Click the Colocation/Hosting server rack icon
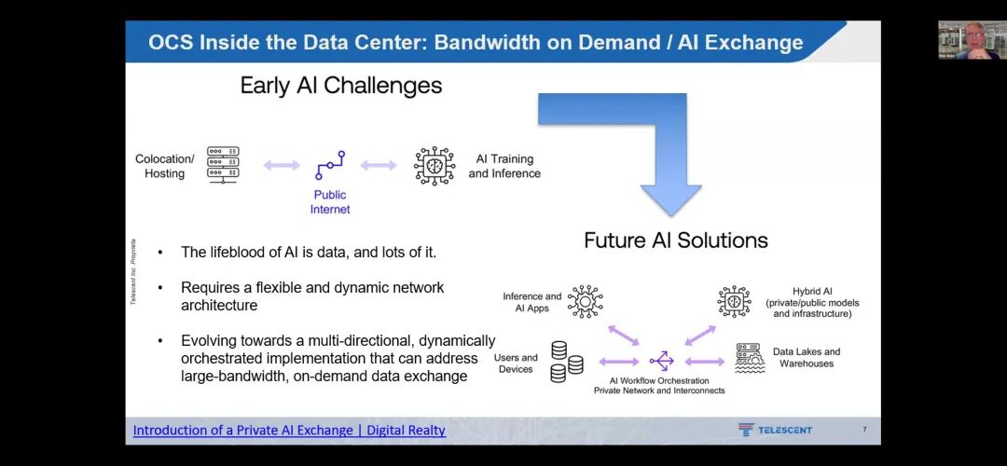coord(223,165)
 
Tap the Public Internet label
coord(330,202)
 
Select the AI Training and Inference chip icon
coord(434,165)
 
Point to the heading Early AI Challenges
coord(340,86)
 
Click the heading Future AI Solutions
coord(675,240)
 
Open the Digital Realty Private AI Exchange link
coord(289,431)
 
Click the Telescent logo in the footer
coord(775,430)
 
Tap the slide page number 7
coord(864,430)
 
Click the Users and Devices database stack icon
coord(566,362)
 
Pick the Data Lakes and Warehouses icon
coord(750,358)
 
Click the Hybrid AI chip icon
coord(734,302)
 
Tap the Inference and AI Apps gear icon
coord(586,302)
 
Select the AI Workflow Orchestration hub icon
coord(661,361)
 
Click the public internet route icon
coord(330,165)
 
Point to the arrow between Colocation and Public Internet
coord(281,166)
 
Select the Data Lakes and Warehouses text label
coord(806,358)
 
